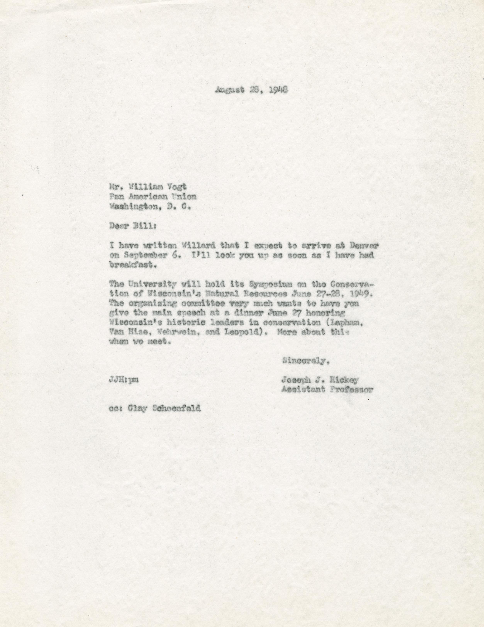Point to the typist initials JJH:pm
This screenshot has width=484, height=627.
(x=124, y=380)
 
